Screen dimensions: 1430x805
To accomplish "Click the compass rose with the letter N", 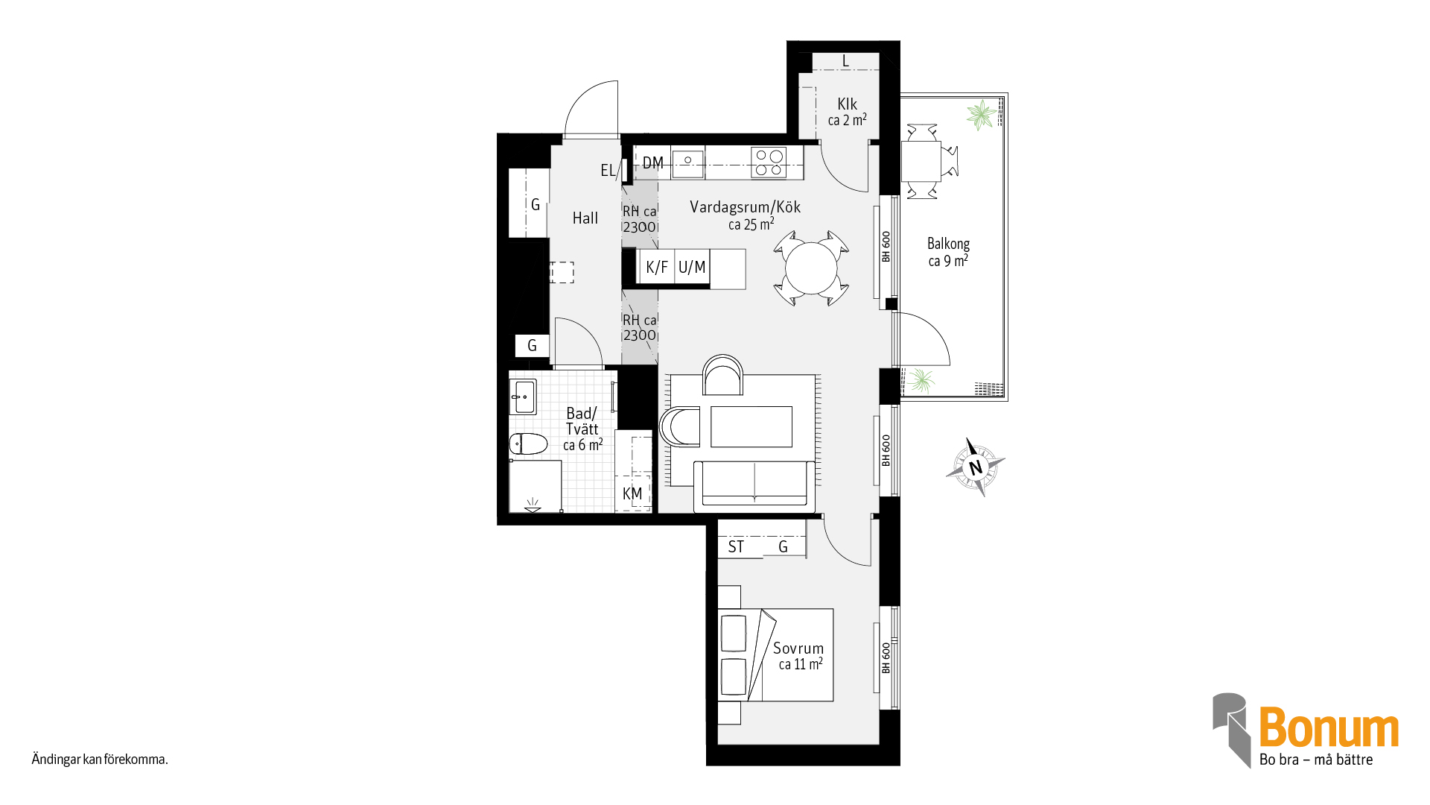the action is pyautogui.click(x=975, y=467).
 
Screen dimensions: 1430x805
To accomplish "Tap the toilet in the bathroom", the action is pyautogui.click(x=528, y=444).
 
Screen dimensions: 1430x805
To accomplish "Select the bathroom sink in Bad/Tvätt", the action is pyautogui.click(x=523, y=397).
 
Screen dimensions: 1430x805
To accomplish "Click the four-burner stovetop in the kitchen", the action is pyautogui.click(x=769, y=162).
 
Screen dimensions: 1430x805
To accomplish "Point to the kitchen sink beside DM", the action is pyautogui.click(x=688, y=163).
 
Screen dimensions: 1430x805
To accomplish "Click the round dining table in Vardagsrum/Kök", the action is pyautogui.click(x=811, y=268).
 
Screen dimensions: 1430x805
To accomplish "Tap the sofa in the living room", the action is pyautogui.click(x=754, y=487).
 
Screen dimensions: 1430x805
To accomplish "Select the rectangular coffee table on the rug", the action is pyautogui.click(x=751, y=426).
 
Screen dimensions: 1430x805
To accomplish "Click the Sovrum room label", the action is pyautogui.click(x=798, y=648).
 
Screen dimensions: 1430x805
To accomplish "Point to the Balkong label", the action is pyautogui.click(x=948, y=244).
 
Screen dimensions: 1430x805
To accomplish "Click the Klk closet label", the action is pyautogui.click(x=847, y=104).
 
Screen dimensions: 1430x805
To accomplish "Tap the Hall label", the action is pyautogui.click(x=585, y=218).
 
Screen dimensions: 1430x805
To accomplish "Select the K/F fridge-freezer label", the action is pyautogui.click(x=657, y=267).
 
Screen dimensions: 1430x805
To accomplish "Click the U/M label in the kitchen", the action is pyautogui.click(x=692, y=267).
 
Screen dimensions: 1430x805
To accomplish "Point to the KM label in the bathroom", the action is pyautogui.click(x=632, y=493).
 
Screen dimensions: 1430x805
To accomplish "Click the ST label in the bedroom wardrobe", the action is pyautogui.click(x=736, y=547).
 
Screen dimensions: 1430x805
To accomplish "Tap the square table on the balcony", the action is pyautogui.click(x=921, y=162).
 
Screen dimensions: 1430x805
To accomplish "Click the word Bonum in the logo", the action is pyautogui.click(x=1329, y=727).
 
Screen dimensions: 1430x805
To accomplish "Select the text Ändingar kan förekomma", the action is pyautogui.click(x=100, y=760).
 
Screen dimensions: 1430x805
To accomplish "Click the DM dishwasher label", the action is pyautogui.click(x=653, y=162).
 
